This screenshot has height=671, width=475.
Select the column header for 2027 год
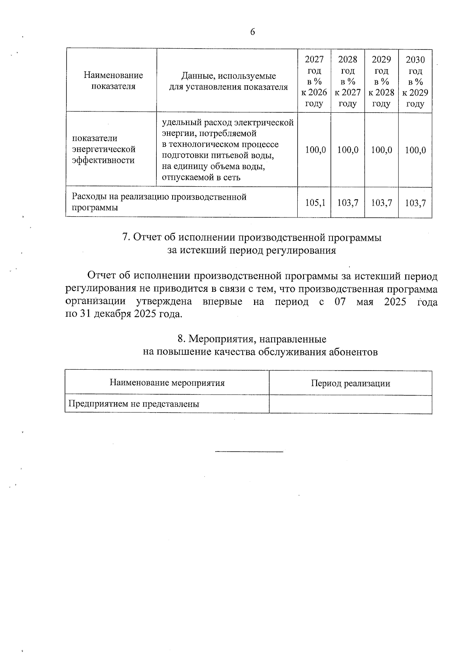pos(314,81)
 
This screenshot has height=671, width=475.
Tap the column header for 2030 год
pos(415,82)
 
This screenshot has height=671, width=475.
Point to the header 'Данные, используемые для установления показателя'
pos(228,81)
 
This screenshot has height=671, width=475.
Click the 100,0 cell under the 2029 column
pos(382,150)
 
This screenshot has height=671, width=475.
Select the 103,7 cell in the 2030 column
pos(415,203)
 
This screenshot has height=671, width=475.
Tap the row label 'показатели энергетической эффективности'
pos(104,149)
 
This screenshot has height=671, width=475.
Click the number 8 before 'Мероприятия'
pos(180,339)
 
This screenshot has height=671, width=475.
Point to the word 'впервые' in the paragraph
pos(222,302)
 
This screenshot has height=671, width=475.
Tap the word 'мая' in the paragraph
pos(365,302)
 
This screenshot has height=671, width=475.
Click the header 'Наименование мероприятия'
pos(167,383)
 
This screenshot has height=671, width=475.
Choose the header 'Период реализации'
pos(350,383)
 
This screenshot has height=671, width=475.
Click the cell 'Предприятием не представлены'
pos(134,404)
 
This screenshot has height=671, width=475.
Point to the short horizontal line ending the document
pos(249,451)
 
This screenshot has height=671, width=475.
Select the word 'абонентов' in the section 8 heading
pos(353,352)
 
